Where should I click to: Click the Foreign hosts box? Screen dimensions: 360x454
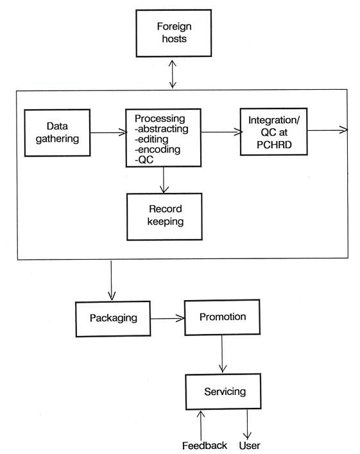coord(174,33)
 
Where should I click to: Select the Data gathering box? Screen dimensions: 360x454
coord(57,133)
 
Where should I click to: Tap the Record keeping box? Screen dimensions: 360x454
coord(164,217)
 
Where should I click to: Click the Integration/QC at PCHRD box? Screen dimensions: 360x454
coord(273,131)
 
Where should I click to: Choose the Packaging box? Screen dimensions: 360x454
coord(113,319)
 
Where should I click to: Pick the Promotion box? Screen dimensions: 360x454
coord(222,317)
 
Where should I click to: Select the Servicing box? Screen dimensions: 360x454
coord(223,391)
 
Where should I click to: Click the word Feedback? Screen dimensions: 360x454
coord(204,445)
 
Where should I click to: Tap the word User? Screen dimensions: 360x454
coord(250,445)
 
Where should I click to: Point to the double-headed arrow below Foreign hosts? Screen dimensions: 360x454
coord(173,74)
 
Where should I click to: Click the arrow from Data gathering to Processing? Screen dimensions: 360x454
coord(108,133)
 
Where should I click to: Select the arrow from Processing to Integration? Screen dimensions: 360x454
coord(222,132)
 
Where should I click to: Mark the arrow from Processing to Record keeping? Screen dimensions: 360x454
coord(164,180)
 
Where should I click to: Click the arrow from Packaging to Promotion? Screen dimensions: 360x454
coord(167,319)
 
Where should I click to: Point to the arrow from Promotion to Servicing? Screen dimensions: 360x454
coord(222,353)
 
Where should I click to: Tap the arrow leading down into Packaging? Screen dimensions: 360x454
coord(111,280)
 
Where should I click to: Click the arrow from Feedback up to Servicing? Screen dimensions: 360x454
coord(201,425)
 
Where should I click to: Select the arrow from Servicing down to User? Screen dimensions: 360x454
coord(247,424)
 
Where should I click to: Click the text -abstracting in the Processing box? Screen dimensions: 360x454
coord(162,129)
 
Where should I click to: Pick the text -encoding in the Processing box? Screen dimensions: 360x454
coord(157,149)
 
